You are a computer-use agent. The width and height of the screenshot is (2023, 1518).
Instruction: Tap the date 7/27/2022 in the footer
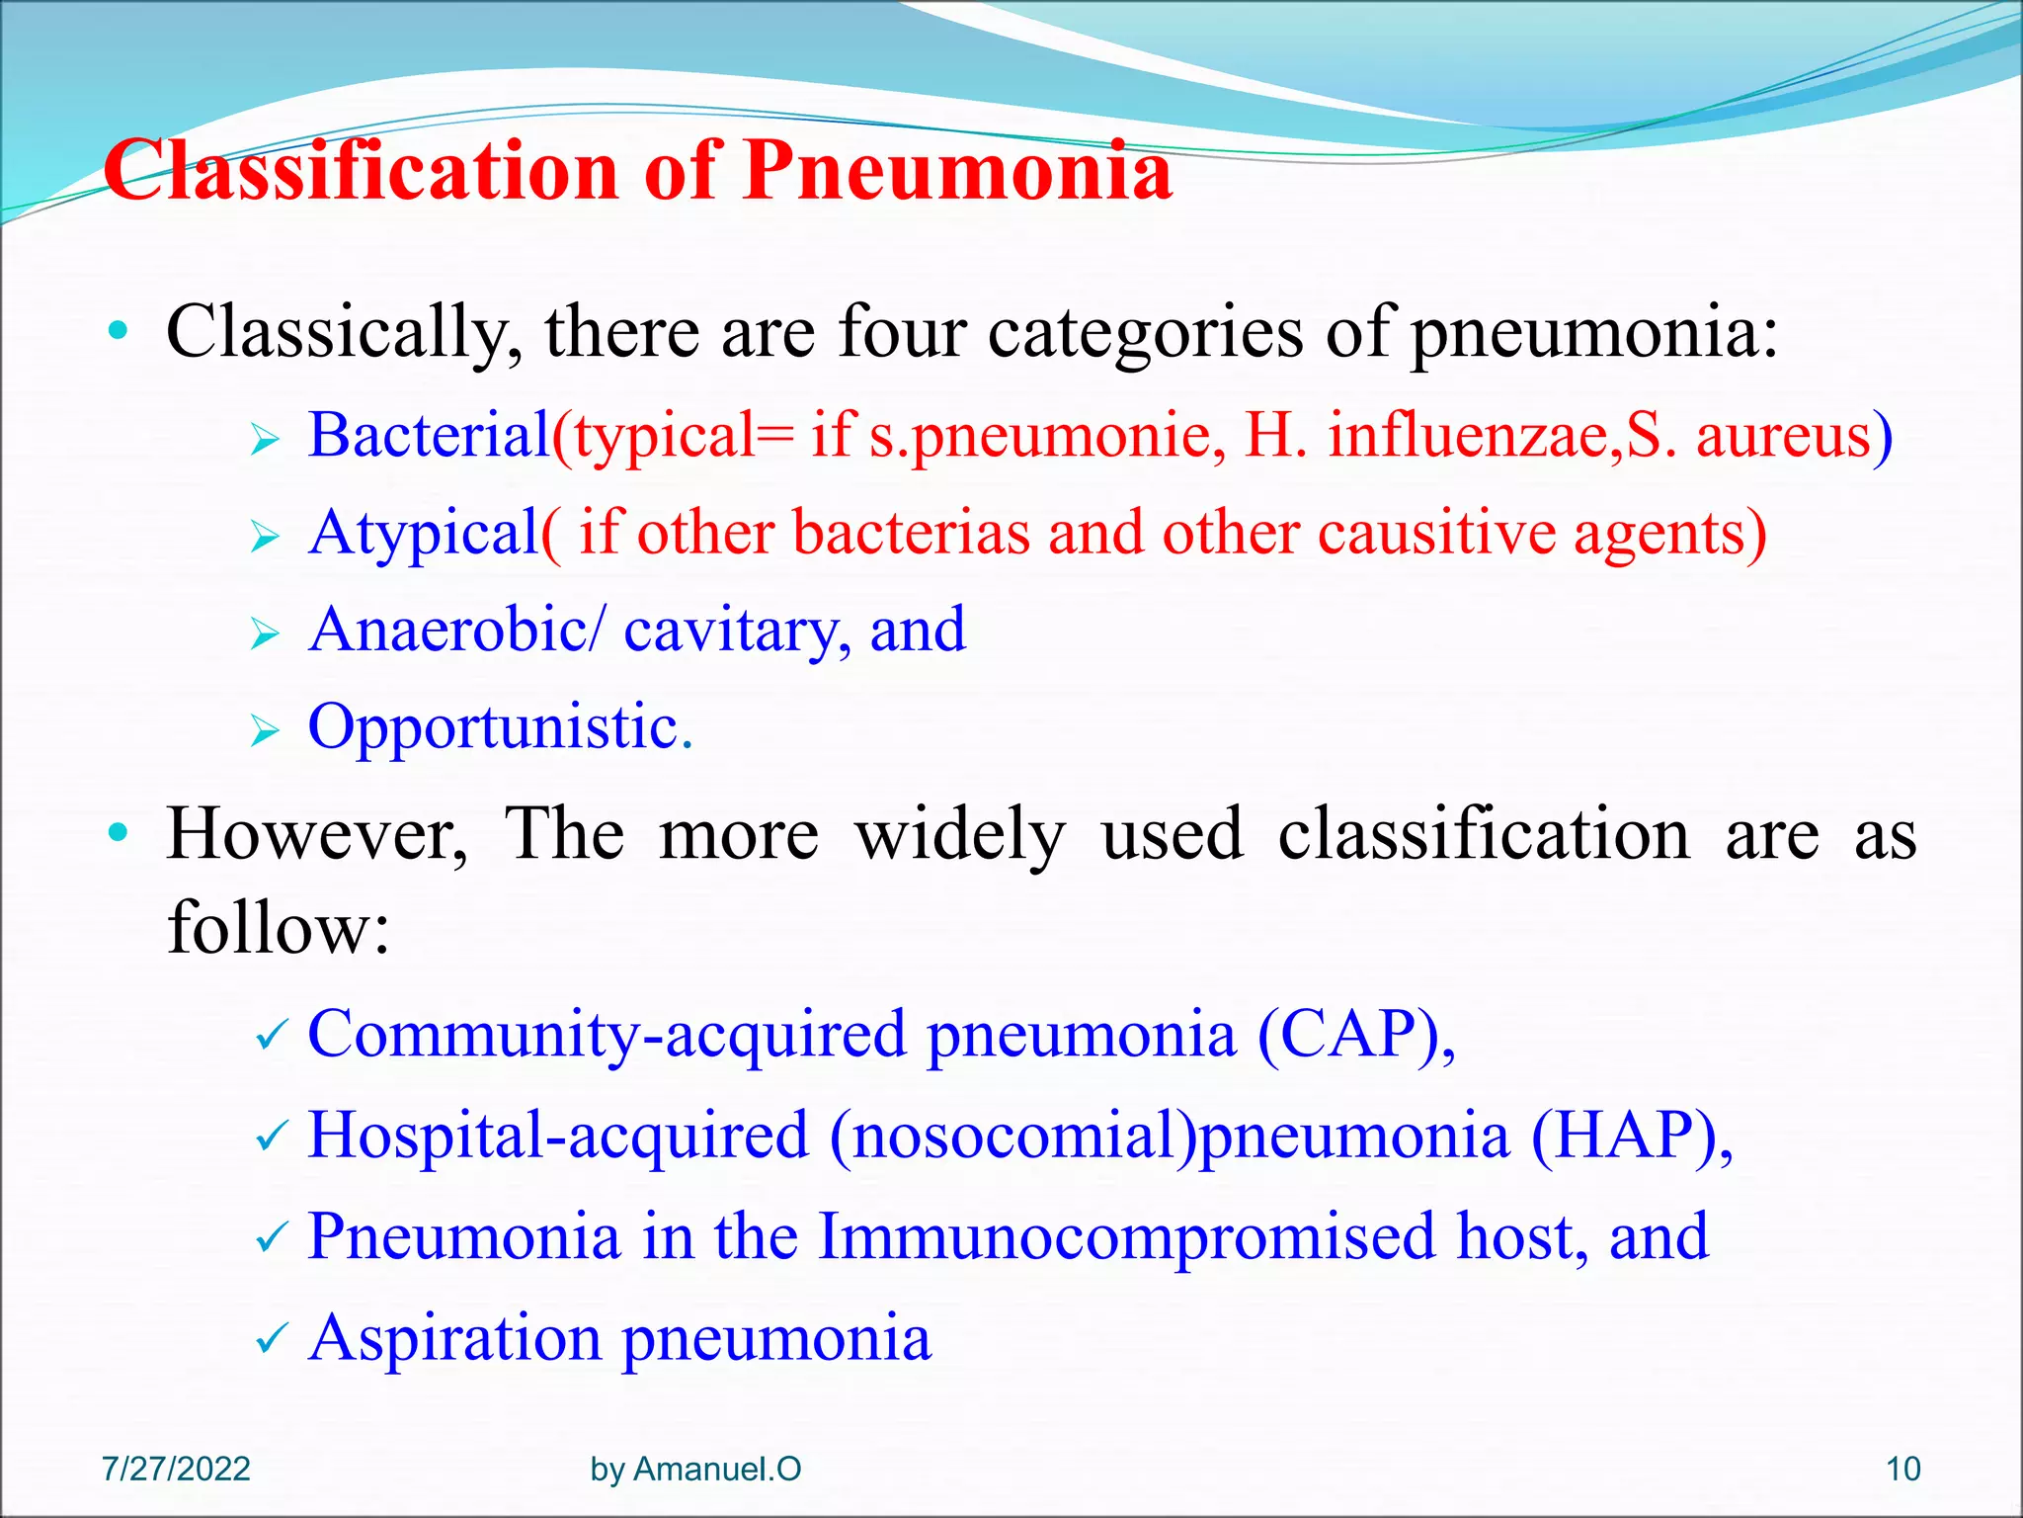pyautogui.click(x=176, y=1469)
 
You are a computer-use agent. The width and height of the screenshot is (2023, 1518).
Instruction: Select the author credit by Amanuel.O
pyautogui.click(x=695, y=1469)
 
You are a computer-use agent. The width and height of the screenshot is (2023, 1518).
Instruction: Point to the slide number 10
pyautogui.click(x=1902, y=1469)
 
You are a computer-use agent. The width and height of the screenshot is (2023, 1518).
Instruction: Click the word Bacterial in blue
pyautogui.click(x=429, y=435)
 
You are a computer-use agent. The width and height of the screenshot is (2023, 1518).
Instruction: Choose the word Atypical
pyautogui.click(x=423, y=534)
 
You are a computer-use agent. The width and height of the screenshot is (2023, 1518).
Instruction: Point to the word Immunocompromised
pyautogui.click(x=1126, y=1236)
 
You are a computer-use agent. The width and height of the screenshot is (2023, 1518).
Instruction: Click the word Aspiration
pyautogui.click(x=454, y=1338)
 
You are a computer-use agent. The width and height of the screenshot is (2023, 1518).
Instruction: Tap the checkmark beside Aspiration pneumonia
pyautogui.click(x=270, y=1340)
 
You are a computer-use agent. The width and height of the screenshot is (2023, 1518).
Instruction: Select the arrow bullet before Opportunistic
pyautogui.click(x=265, y=731)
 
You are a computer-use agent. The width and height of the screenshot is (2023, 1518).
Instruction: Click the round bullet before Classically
pyautogui.click(x=119, y=331)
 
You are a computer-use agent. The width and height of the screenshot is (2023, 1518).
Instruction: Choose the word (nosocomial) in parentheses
pyautogui.click(x=1011, y=1135)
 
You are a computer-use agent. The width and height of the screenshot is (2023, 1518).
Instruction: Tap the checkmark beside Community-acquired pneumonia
pyautogui.click(x=270, y=1036)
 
